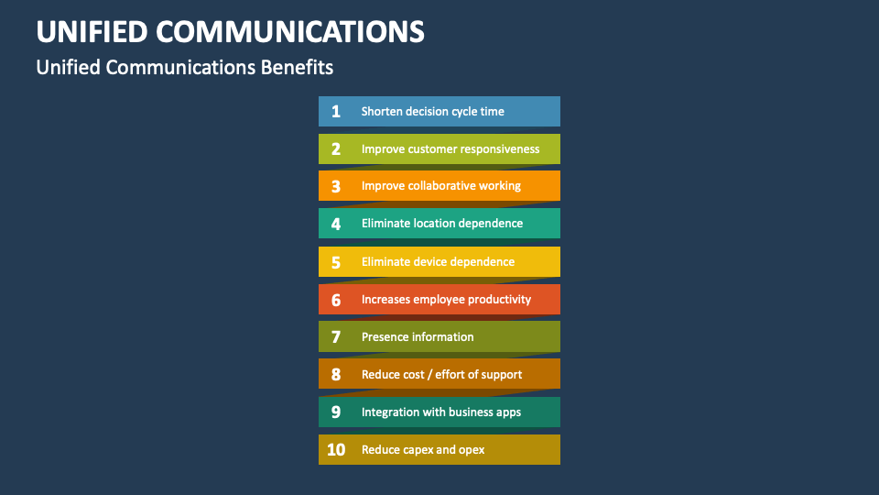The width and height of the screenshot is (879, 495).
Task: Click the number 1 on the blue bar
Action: (x=336, y=112)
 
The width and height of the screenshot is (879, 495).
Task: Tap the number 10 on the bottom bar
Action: (x=336, y=449)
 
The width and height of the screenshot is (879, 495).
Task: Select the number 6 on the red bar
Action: (x=336, y=300)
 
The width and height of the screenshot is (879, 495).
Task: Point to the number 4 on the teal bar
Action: (x=336, y=224)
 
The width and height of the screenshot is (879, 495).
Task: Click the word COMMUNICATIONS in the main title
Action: (x=290, y=32)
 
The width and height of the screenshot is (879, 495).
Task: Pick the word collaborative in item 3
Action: (x=441, y=186)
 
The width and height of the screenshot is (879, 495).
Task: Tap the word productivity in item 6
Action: (x=500, y=300)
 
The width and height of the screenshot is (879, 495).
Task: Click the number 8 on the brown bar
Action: (x=336, y=374)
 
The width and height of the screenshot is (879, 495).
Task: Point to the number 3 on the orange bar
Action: (x=336, y=186)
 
